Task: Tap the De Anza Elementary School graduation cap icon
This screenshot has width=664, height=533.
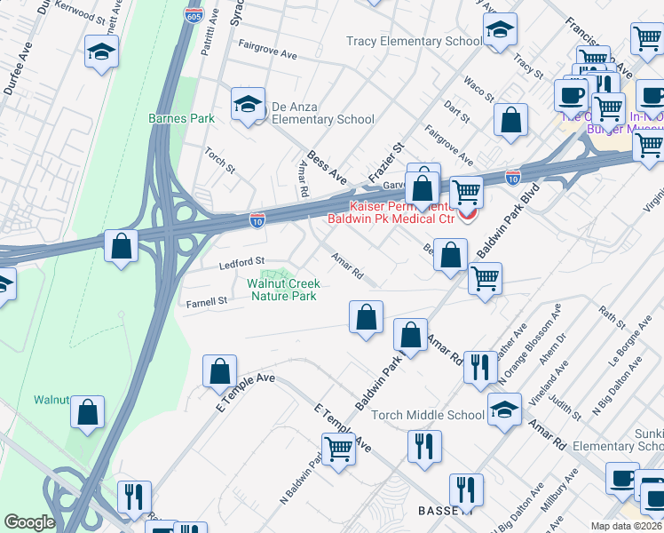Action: [249, 105]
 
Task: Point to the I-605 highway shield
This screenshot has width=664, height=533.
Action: [193, 15]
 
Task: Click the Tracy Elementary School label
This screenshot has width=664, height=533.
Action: [415, 42]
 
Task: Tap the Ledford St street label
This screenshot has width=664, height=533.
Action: [242, 262]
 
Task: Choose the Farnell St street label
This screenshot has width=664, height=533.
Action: [207, 303]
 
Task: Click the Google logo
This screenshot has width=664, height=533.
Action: [29, 522]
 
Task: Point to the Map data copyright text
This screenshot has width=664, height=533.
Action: [627, 526]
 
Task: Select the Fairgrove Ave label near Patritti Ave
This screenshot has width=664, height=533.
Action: [267, 53]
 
